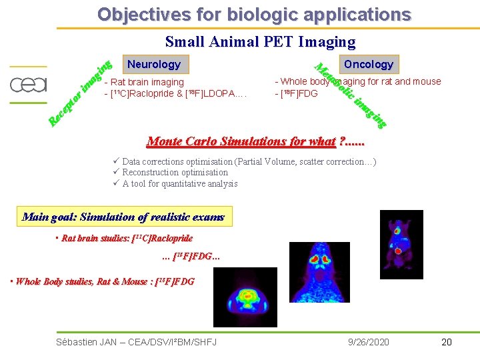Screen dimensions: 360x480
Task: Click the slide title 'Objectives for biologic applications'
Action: click(254, 14)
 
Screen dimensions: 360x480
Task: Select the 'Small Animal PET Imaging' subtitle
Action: click(260, 42)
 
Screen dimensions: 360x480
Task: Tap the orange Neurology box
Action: click(154, 64)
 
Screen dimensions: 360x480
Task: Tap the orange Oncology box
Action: click(368, 64)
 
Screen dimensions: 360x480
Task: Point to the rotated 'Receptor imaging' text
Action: click(79, 94)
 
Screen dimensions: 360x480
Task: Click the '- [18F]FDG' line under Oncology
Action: click(297, 93)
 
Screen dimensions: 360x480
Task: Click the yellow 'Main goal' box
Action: click(124, 217)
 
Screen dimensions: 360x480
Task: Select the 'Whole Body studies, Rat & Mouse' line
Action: click(103, 281)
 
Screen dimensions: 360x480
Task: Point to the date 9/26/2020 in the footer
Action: click(369, 342)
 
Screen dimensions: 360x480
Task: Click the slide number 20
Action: click(446, 342)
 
